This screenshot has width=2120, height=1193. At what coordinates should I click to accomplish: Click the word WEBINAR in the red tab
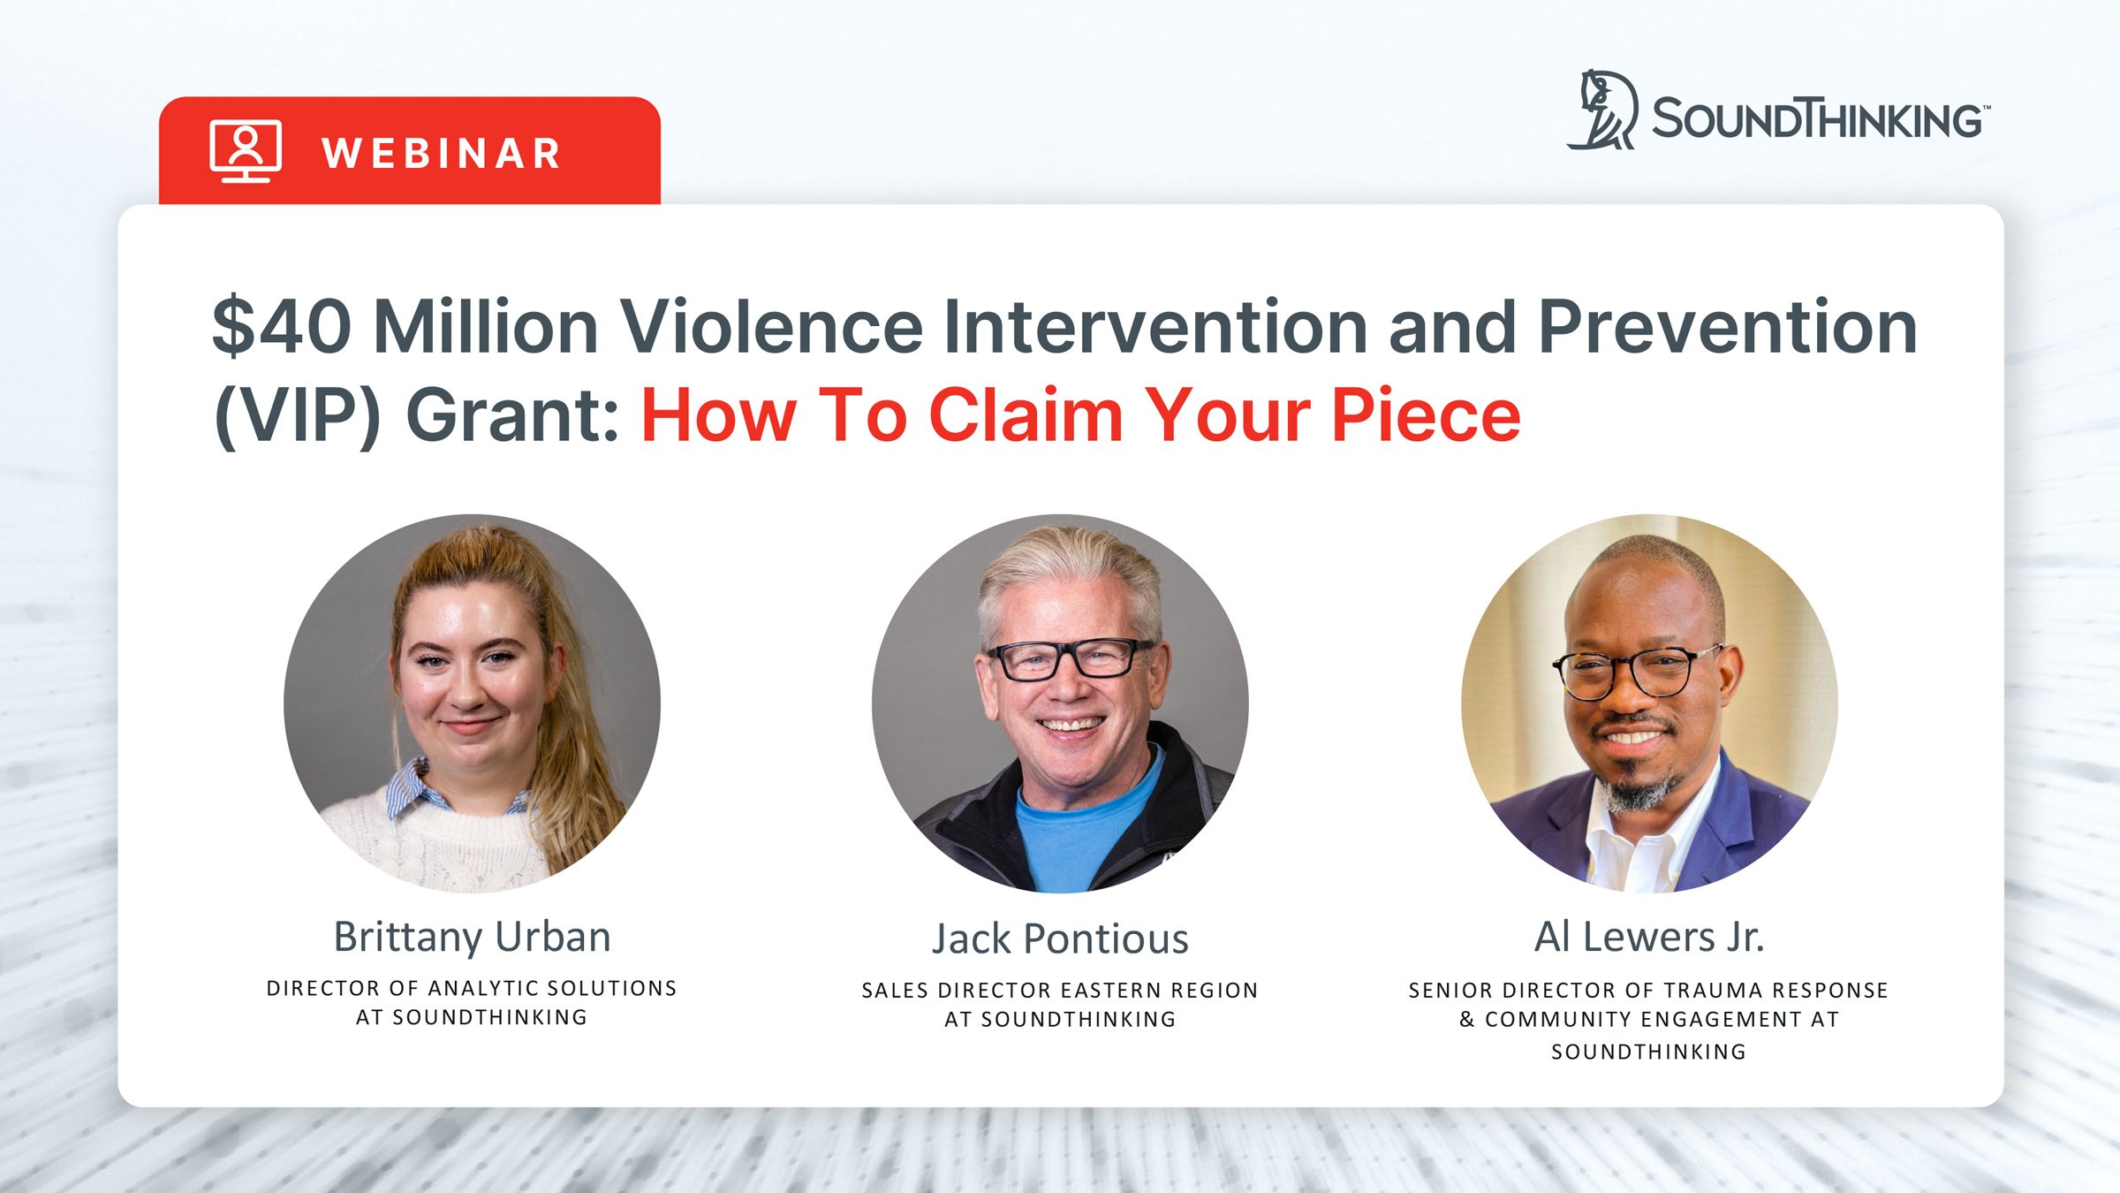(x=442, y=154)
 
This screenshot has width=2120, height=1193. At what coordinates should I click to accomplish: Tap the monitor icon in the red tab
(x=246, y=151)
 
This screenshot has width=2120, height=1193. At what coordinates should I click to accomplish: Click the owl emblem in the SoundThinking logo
(x=1603, y=111)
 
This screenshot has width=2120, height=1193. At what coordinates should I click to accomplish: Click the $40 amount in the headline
(x=282, y=327)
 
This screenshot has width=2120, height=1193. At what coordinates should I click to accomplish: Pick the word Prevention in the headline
(x=1727, y=327)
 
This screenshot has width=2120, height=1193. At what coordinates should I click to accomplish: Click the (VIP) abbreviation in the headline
(x=297, y=415)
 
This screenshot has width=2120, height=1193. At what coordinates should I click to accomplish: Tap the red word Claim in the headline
(x=1026, y=415)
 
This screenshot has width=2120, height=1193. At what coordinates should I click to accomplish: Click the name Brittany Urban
(x=472, y=937)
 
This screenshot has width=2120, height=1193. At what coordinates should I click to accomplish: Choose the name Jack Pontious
(x=1060, y=938)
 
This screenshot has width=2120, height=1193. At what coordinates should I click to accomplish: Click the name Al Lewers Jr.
(x=1648, y=937)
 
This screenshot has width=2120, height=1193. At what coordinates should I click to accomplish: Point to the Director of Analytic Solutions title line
(x=472, y=988)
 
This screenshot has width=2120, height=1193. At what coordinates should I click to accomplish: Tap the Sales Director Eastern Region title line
(x=1060, y=991)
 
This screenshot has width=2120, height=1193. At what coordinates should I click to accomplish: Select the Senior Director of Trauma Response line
(x=1648, y=991)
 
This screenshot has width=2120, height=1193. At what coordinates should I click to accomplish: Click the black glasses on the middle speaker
(x=1071, y=658)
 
